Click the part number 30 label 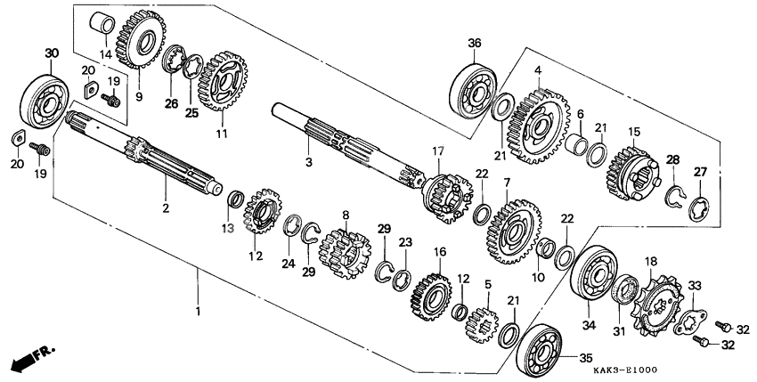pyautogui.click(x=51, y=53)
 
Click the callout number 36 pyautogui.click(x=475, y=42)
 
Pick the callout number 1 pyautogui.click(x=198, y=311)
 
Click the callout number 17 pyautogui.click(x=437, y=151)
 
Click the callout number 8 pyautogui.click(x=346, y=215)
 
